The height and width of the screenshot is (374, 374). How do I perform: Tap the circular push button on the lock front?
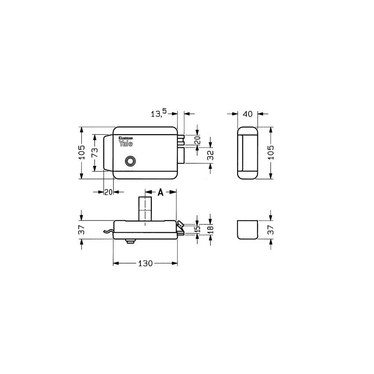[x=130, y=161]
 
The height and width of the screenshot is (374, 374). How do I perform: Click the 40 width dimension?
[x=248, y=114]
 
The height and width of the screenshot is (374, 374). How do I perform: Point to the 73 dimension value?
[x=94, y=153]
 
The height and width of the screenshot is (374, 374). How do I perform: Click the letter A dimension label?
[x=161, y=192]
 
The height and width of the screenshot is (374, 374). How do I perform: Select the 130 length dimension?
[x=145, y=264]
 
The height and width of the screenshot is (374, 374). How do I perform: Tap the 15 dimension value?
[x=197, y=229]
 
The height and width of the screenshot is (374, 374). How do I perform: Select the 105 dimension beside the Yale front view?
[x=81, y=153]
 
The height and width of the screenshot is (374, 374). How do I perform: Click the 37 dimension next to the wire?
[x=81, y=229]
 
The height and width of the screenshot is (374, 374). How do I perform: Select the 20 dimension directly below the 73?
[x=108, y=192]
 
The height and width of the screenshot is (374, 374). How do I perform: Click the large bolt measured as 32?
[x=181, y=154]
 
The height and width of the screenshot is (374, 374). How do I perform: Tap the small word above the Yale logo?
[x=126, y=138]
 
